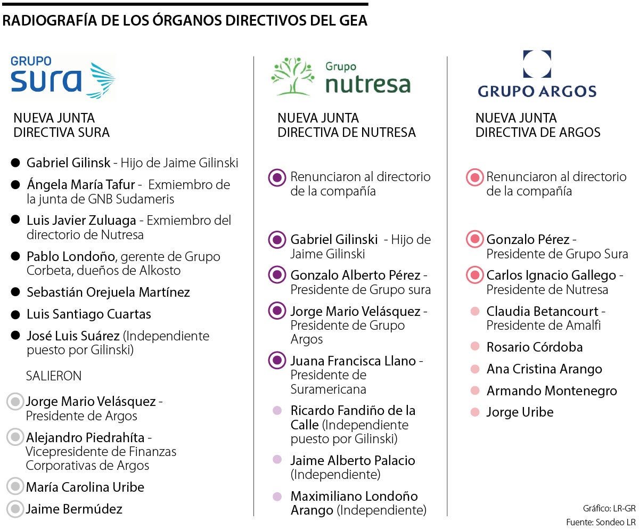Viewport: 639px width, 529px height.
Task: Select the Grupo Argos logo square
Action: pyautogui.click(x=536, y=64)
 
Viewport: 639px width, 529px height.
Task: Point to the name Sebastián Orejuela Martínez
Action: pyautogui.click(x=108, y=292)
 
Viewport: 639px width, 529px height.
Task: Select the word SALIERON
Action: pyautogui.click(x=54, y=376)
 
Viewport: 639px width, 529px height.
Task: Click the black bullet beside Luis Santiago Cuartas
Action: pyautogui.click(x=15, y=314)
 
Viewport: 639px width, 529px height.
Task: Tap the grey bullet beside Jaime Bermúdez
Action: pyautogui.click(x=15, y=509)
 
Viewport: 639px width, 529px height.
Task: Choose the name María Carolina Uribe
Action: pyautogui.click(x=85, y=487)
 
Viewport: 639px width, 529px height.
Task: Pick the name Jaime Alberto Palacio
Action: pyautogui.click(x=353, y=460)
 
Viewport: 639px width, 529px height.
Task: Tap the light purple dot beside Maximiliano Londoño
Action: pyautogui.click(x=277, y=497)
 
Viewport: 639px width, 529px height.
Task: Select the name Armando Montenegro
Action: pyautogui.click(x=552, y=390)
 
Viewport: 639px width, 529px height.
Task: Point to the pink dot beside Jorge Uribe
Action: pyautogui.click(x=475, y=412)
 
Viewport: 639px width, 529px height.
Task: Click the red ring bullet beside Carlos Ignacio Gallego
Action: pyautogui.click(x=473, y=275)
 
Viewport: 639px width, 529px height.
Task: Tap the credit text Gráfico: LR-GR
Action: pyautogui.click(x=608, y=508)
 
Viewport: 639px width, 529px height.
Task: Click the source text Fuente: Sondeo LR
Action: pyautogui.click(x=601, y=520)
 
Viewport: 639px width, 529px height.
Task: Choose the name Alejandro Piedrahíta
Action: pyautogui.click(x=85, y=438)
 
